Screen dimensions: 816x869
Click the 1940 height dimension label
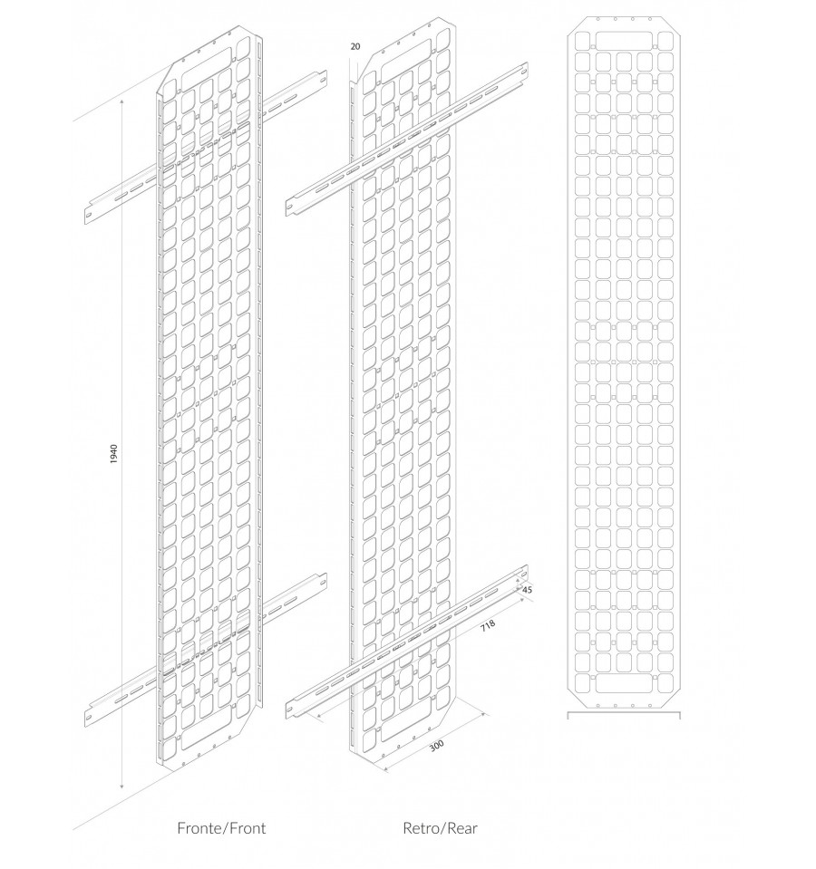click(x=113, y=453)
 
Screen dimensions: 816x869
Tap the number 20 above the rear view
click(x=355, y=46)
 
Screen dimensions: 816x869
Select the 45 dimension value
click(x=527, y=590)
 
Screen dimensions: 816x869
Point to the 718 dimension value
click(x=487, y=626)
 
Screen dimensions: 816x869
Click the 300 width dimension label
click(x=437, y=746)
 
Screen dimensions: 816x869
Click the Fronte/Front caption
click(x=221, y=828)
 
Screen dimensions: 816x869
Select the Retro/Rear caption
click(x=440, y=828)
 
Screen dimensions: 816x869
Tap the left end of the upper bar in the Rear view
click(x=289, y=208)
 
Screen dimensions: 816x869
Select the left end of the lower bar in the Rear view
click(x=289, y=710)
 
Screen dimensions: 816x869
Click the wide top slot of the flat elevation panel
click(x=624, y=41)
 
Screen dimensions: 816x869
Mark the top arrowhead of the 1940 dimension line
click(x=121, y=101)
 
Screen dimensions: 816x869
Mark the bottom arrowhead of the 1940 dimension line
click(x=121, y=786)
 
